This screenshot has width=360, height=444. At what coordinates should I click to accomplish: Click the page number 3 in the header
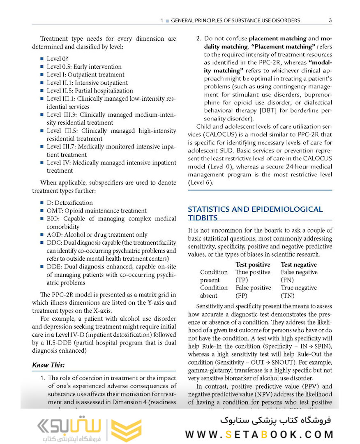coord(330,20)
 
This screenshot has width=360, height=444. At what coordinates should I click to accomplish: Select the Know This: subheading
coord(48,365)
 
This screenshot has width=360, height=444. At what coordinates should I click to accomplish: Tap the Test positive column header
coord(253,264)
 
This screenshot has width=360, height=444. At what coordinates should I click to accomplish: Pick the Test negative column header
coord(299,264)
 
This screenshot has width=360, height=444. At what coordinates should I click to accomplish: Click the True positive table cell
coord(253,272)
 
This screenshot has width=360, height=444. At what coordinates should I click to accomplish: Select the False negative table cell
coord(299,272)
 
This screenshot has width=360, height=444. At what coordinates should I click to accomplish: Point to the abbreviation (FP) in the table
coord(242,296)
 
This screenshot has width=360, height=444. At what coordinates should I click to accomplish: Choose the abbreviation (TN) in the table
coord(287,296)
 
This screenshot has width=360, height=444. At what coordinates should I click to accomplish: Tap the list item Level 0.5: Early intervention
coord(84,67)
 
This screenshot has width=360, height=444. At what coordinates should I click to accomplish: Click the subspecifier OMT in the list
coord(53,210)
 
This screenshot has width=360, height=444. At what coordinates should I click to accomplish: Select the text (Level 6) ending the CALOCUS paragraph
coord(200,183)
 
